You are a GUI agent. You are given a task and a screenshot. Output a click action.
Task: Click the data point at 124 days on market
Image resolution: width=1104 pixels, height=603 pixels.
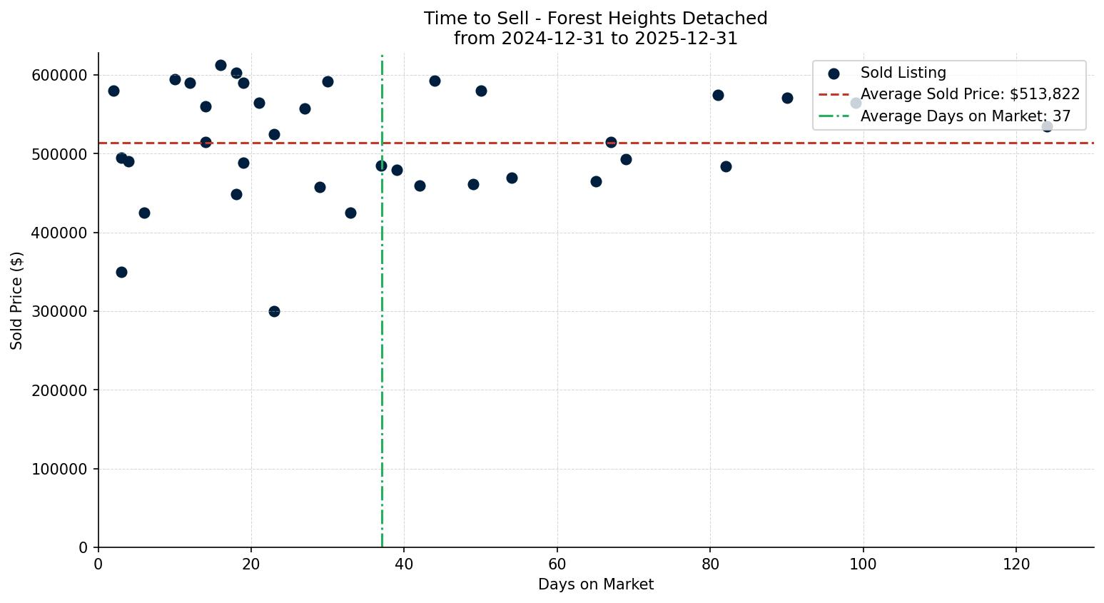click(1047, 126)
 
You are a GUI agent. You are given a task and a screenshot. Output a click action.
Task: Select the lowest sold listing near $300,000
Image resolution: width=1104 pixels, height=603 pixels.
click(274, 311)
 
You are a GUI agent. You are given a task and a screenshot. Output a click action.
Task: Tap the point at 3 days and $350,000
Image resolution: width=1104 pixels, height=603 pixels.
click(121, 272)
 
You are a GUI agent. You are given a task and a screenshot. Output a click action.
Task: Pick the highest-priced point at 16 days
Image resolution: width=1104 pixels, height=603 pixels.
click(221, 65)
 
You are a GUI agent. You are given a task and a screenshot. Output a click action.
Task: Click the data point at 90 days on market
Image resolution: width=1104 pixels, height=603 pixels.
click(787, 98)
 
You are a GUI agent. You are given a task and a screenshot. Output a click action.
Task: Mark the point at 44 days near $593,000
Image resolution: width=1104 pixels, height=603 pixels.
click(435, 81)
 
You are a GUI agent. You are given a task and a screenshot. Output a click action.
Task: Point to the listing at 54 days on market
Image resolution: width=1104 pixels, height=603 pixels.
click(512, 178)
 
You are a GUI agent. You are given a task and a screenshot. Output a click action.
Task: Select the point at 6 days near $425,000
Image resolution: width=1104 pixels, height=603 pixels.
click(144, 213)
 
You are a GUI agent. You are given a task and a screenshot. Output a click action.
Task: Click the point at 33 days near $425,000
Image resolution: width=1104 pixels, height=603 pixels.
click(350, 213)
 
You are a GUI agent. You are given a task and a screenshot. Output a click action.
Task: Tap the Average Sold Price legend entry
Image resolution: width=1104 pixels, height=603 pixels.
click(969, 94)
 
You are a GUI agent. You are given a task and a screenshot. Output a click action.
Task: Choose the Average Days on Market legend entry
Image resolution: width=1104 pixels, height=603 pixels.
click(965, 116)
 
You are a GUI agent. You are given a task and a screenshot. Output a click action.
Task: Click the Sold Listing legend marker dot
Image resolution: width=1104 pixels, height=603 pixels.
click(834, 74)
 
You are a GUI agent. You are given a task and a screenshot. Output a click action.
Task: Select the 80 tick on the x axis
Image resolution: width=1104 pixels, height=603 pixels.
click(710, 564)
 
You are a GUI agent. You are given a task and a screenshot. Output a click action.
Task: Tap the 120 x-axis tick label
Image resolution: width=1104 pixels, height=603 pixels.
click(1016, 564)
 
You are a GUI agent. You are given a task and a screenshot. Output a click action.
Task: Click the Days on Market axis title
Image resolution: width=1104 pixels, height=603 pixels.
click(596, 584)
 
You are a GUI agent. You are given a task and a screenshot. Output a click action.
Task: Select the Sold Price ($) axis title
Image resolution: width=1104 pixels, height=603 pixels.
click(17, 300)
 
